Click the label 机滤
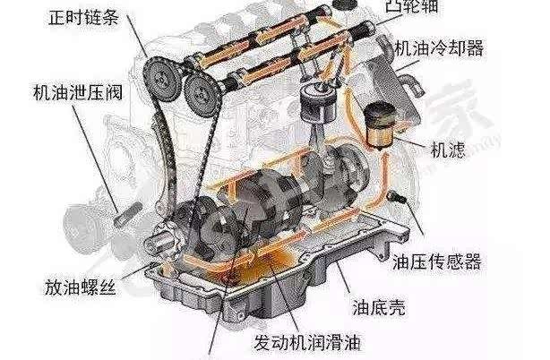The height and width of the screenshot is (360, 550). (x=447, y=150)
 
